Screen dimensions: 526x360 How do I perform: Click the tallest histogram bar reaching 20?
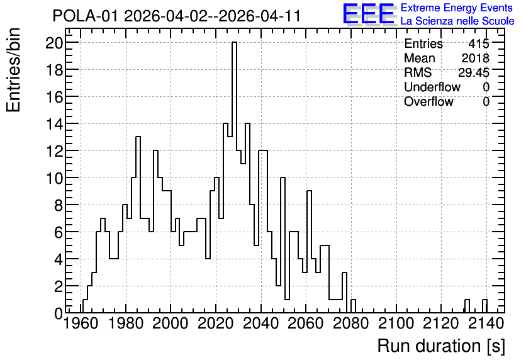click(234, 177)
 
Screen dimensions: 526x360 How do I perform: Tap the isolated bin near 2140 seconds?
click(484, 306)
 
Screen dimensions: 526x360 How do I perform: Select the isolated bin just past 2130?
click(467, 306)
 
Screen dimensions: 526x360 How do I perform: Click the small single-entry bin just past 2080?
click(353, 306)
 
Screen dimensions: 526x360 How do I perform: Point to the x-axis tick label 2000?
click(171, 323)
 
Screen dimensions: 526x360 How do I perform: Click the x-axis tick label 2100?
click(396, 323)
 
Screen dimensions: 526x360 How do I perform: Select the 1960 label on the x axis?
click(81, 323)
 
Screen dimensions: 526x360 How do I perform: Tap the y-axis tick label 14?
click(54, 124)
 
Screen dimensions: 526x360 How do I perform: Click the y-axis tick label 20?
click(54, 43)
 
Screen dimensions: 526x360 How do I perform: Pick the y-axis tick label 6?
click(59, 232)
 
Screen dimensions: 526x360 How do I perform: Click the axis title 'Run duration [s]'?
click(441, 346)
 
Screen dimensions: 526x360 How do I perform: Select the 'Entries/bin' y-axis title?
click(13, 70)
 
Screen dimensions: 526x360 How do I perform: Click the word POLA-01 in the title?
click(85, 16)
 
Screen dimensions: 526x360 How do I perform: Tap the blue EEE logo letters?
click(369, 14)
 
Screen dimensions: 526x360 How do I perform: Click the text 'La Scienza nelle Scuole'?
click(457, 21)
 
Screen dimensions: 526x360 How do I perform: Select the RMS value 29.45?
click(474, 72)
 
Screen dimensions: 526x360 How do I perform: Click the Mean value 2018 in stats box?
click(475, 58)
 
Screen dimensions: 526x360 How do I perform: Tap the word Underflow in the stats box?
click(432, 87)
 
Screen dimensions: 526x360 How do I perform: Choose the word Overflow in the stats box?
click(428, 101)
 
